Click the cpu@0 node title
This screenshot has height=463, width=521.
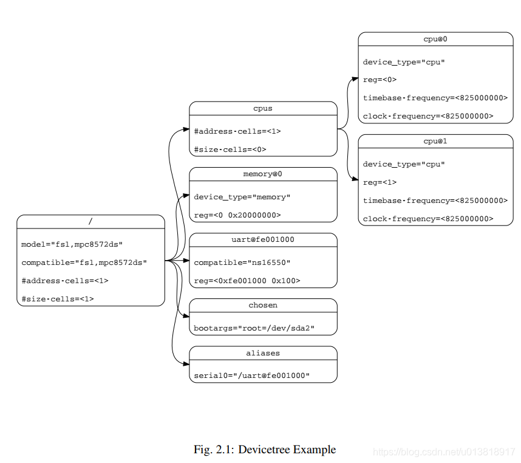435,39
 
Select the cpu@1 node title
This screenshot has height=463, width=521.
435,141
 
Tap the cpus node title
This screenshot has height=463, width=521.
263,108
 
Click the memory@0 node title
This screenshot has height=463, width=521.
263,174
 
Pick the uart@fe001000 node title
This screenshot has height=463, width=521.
263,239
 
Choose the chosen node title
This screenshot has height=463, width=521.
263,305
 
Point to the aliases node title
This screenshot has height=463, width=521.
263,352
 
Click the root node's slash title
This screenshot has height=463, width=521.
90,221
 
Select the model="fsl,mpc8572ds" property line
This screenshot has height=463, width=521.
72,244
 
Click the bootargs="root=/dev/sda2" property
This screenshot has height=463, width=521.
254,328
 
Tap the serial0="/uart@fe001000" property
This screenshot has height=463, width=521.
251,376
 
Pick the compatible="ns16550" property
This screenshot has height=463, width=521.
242,262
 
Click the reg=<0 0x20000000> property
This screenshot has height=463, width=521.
237,215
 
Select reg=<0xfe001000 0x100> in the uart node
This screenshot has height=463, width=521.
247,281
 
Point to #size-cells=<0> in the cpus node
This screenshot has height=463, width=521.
230,149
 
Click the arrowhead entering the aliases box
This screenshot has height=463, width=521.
186,364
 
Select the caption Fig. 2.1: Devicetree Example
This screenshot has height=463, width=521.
264,450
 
